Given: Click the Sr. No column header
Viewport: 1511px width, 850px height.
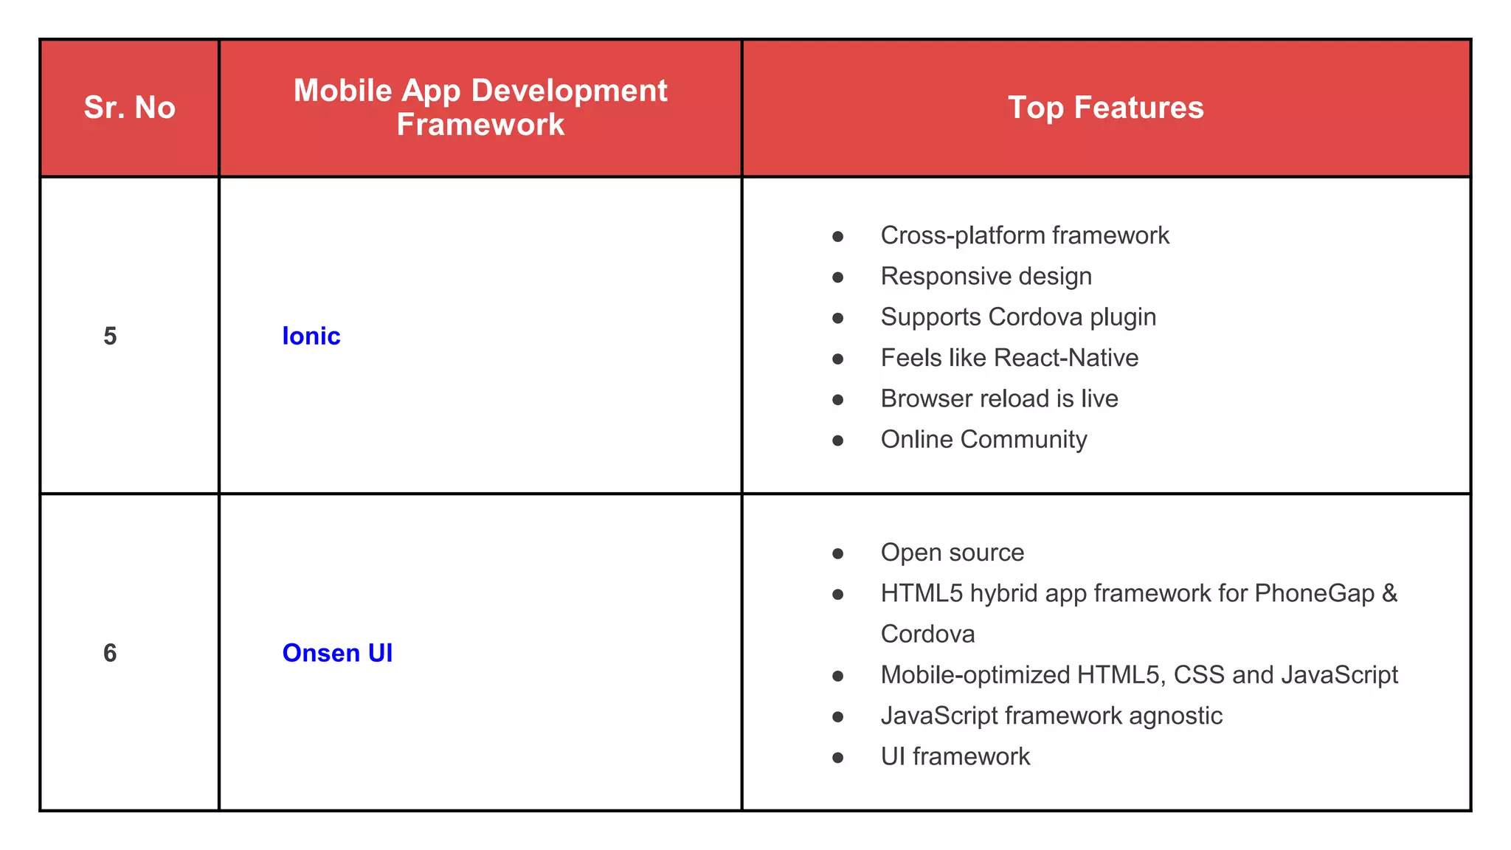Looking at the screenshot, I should click(x=130, y=108).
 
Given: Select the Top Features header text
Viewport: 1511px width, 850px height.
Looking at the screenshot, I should click(x=1105, y=108).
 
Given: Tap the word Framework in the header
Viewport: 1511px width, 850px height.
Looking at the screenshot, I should click(x=480, y=125).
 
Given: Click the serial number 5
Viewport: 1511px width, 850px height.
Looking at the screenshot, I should click(x=110, y=336).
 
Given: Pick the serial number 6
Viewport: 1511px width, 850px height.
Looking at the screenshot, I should click(x=110, y=653).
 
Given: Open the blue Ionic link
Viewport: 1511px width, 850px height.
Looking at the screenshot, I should click(x=311, y=336).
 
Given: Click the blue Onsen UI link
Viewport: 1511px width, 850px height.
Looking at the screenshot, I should click(x=337, y=653).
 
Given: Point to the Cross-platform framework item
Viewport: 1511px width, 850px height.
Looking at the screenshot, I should click(x=1024, y=235).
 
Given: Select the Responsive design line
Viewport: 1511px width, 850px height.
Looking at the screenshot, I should click(x=986, y=276).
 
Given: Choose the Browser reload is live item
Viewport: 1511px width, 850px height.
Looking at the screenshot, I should click(x=999, y=398).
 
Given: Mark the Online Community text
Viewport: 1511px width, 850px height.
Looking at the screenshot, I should click(x=983, y=439).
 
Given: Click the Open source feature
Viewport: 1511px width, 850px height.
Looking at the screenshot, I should click(x=952, y=553).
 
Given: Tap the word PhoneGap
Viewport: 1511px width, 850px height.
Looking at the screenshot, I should click(x=1314, y=593).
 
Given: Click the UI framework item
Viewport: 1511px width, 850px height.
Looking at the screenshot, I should click(x=955, y=756).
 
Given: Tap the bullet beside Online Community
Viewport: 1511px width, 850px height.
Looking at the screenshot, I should click(x=837, y=440).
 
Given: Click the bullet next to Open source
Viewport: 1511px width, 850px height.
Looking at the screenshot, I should click(x=837, y=554).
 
